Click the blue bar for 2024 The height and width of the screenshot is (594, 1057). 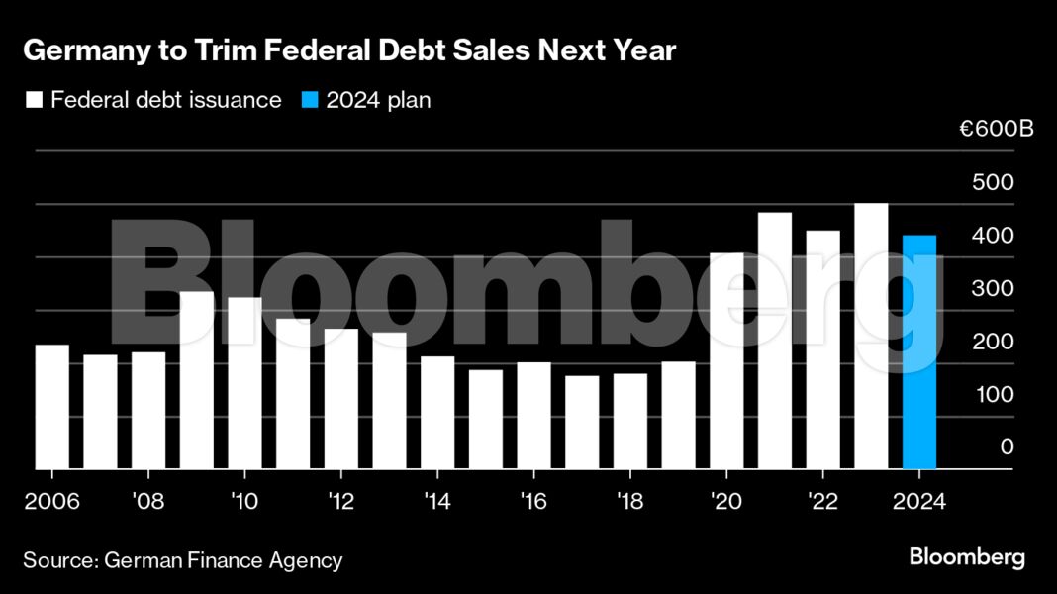pos(919,351)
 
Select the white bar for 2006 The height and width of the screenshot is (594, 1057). pos(52,406)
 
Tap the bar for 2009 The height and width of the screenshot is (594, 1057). pos(197,380)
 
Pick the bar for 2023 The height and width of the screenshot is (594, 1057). pos(871,336)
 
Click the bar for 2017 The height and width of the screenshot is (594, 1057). pos(582,422)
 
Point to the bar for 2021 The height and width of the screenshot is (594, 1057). pos(775,341)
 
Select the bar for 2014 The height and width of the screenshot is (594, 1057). pos(437,412)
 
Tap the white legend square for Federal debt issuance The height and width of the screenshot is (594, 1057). pos(34,100)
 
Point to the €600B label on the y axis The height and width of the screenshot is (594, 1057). pos(996,130)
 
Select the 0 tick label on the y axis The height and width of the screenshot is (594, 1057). pos(1007,447)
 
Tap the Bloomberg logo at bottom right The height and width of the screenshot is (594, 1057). pos(967,557)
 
